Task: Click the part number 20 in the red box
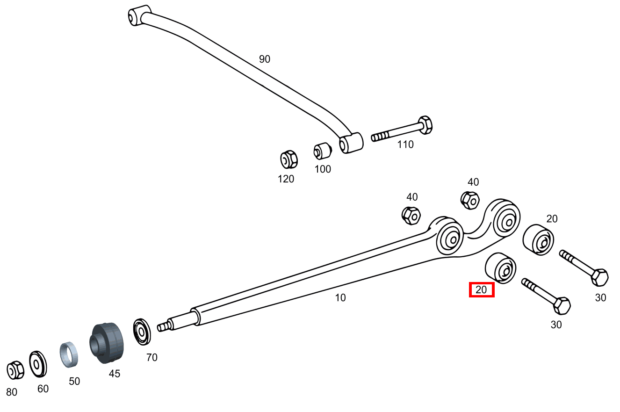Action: pos(481,290)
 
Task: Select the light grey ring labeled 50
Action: pos(68,355)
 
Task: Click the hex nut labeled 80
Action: pos(15,370)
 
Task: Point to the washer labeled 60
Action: pos(37,364)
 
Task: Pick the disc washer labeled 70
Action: pos(141,332)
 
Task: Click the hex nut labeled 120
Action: pos(288,159)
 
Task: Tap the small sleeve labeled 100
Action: pos(322,151)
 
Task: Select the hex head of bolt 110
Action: pos(425,125)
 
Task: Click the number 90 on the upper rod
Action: pos(265,59)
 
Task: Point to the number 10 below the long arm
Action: pos(340,297)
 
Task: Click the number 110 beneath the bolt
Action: pos(405,145)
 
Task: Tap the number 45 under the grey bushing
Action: pos(115,374)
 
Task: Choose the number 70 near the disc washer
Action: pos(151,358)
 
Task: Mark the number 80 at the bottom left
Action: pos(12,392)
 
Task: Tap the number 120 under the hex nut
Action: pos(286,179)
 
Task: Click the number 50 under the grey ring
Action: pos(74,381)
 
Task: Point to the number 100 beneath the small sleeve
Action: pos(323,169)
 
